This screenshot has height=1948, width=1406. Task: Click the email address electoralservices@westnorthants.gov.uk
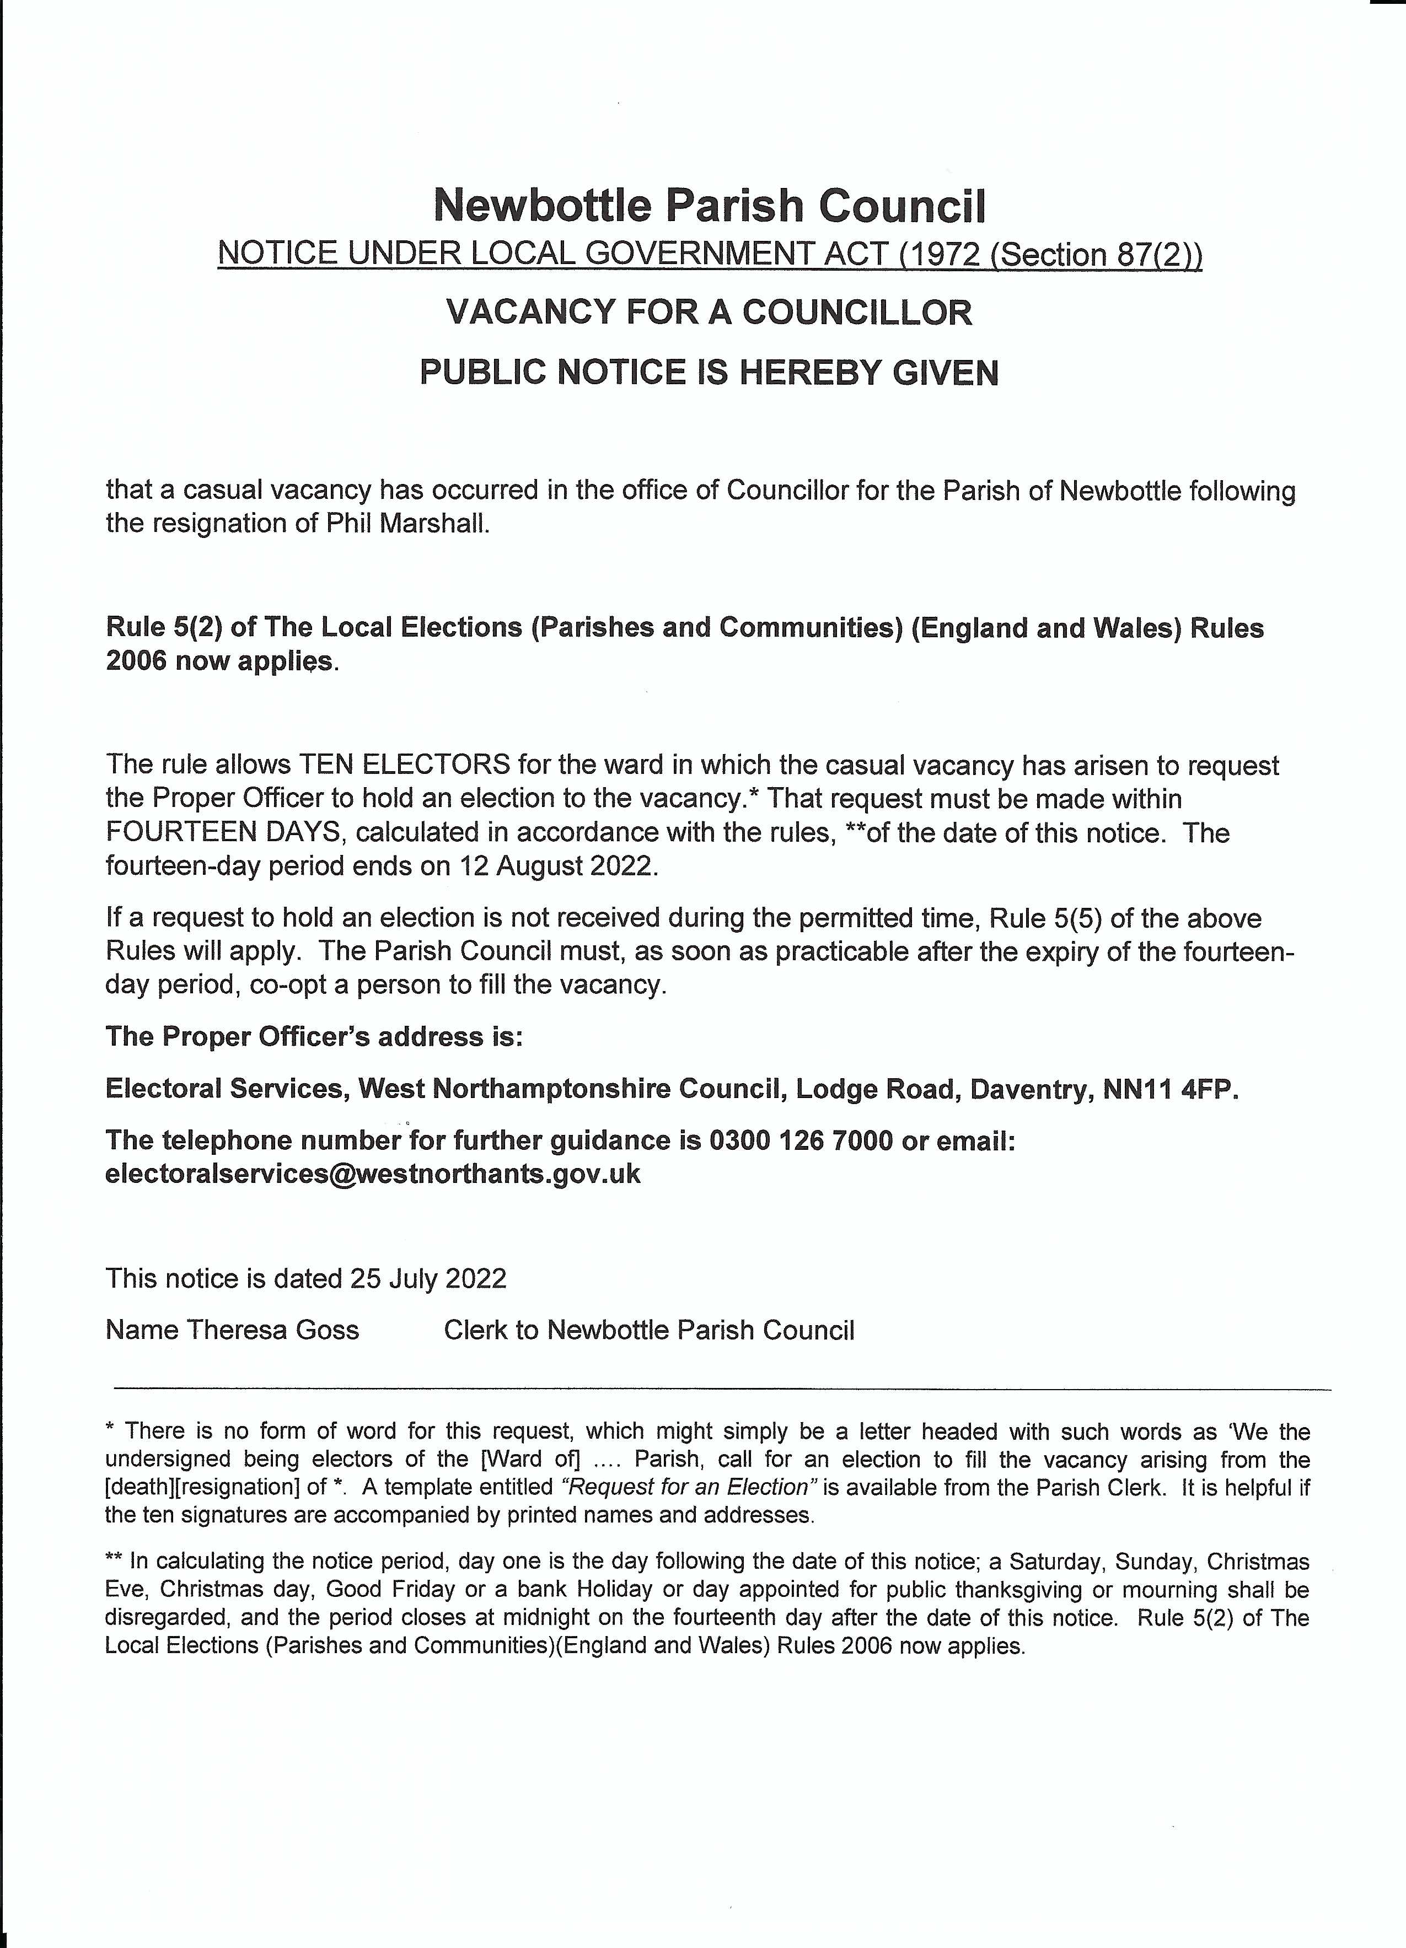click(x=373, y=1174)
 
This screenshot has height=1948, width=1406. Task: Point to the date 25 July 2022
click(x=428, y=1279)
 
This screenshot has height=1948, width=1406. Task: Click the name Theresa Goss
click(x=272, y=1331)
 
